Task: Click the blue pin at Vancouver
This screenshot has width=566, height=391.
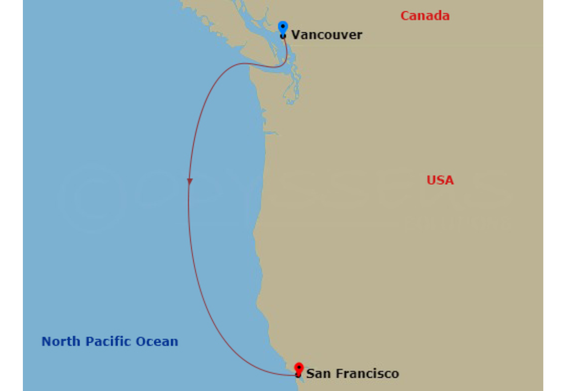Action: [283, 27]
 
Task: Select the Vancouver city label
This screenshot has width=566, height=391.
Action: [326, 35]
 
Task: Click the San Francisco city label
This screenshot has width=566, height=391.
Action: [352, 374]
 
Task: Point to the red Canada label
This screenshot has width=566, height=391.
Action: [425, 16]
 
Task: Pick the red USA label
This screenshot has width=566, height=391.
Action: [440, 180]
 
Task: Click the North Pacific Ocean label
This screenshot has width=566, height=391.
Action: [110, 341]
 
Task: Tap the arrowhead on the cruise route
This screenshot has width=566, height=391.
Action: [190, 181]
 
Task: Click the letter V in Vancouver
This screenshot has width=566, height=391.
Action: [295, 35]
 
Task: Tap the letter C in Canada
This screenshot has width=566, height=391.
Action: [405, 16]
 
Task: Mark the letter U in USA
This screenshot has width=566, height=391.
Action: [431, 180]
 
